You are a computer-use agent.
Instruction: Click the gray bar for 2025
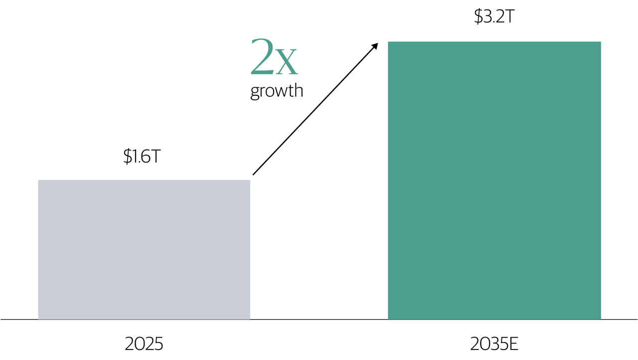click(x=144, y=249)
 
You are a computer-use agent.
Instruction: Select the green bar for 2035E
click(x=494, y=180)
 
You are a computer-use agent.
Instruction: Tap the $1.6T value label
click(x=142, y=156)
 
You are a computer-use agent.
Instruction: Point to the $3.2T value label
click(x=494, y=16)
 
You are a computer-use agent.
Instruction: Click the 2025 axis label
click(x=144, y=344)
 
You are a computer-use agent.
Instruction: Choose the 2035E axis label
click(x=494, y=344)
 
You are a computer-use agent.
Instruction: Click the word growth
click(x=277, y=91)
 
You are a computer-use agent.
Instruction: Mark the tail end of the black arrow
click(x=253, y=175)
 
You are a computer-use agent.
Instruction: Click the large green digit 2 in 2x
click(x=262, y=56)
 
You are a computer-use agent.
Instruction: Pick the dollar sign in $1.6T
click(x=127, y=156)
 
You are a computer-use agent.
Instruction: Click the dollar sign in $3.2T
click(x=478, y=16)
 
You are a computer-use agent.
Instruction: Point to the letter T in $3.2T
click(x=509, y=16)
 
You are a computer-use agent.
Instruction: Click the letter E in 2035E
click(x=513, y=344)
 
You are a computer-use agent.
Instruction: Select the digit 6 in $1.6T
click(x=145, y=156)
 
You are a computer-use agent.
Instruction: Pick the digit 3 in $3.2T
click(x=487, y=16)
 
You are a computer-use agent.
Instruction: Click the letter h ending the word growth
click(x=298, y=90)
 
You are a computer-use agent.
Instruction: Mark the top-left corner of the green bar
click(x=388, y=41)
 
